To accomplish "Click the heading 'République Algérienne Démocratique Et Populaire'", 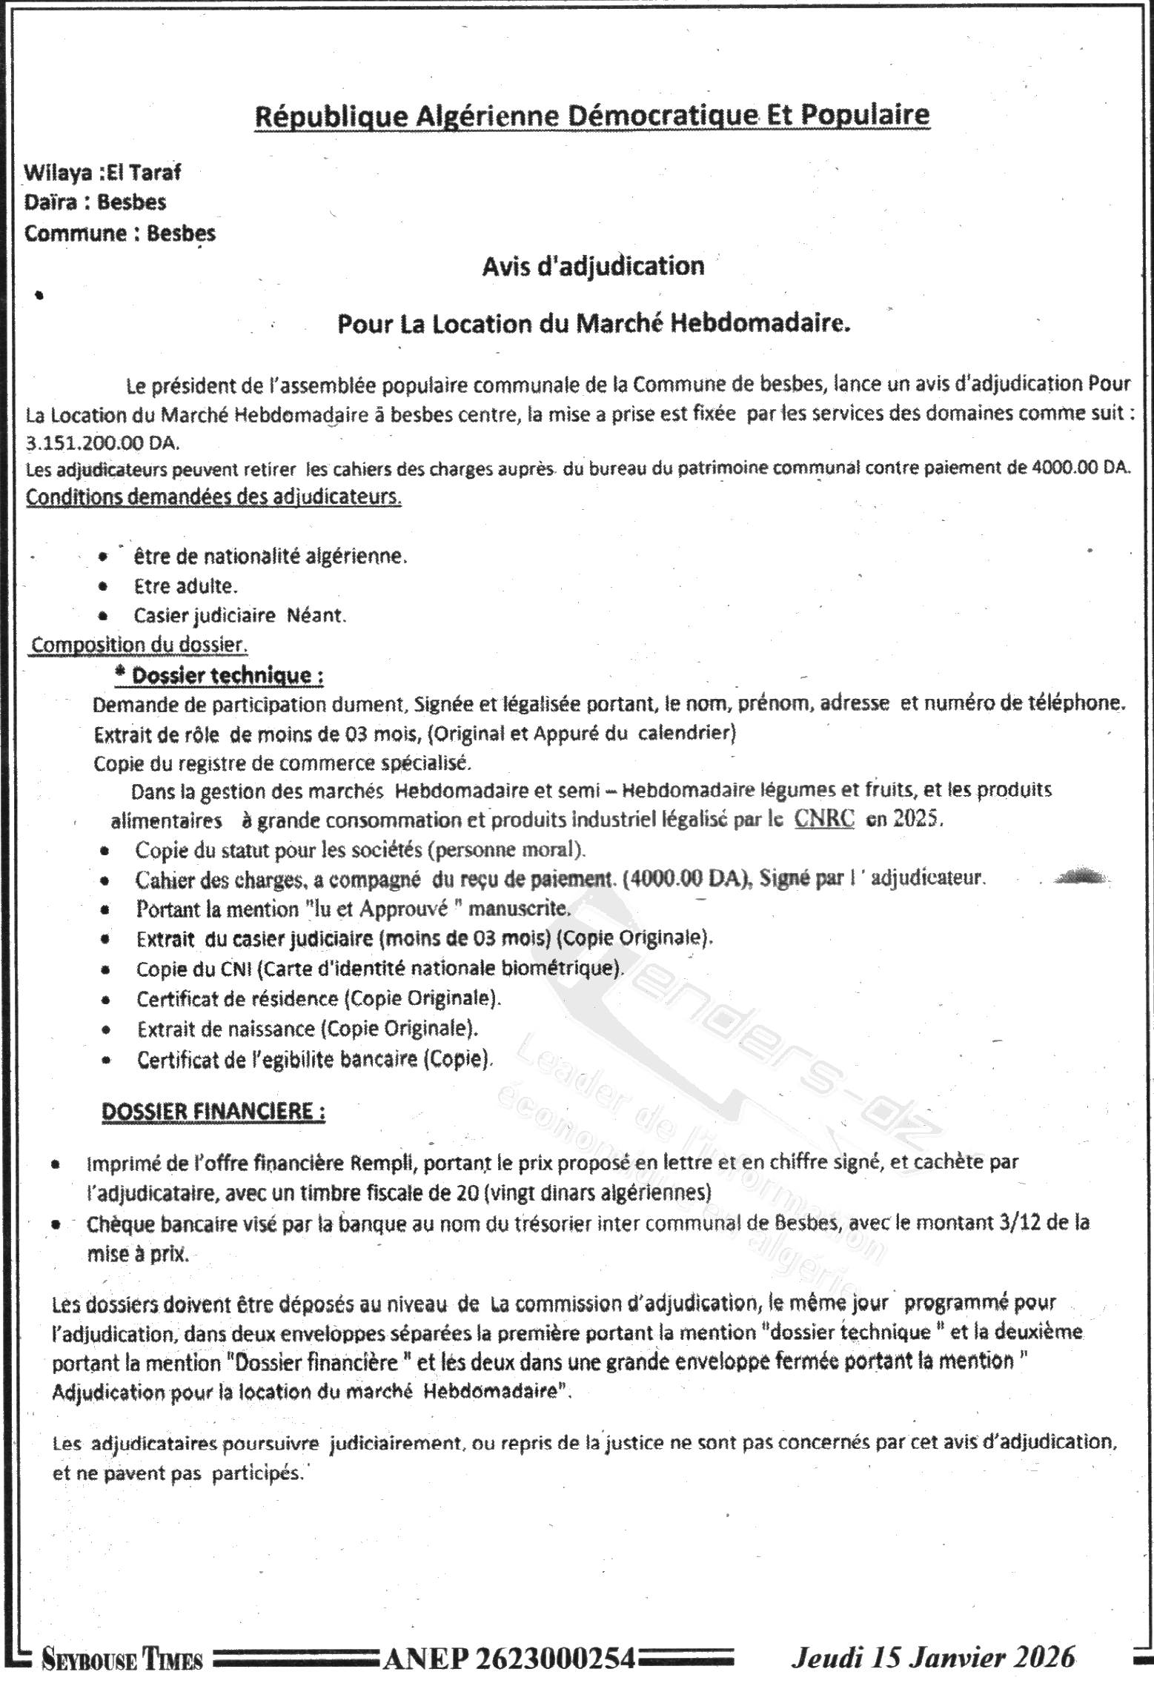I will point(591,116).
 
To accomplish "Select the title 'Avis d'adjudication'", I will point(593,266).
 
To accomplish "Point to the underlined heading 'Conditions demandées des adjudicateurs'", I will point(213,497).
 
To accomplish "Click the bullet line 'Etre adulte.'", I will point(185,586).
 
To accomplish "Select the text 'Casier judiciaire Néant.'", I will point(239,616).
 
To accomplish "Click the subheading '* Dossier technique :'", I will point(219,676).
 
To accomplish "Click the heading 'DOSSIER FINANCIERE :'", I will point(213,1112).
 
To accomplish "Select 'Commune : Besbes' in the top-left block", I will point(120,233).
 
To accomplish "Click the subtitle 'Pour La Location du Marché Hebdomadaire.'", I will point(593,325).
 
